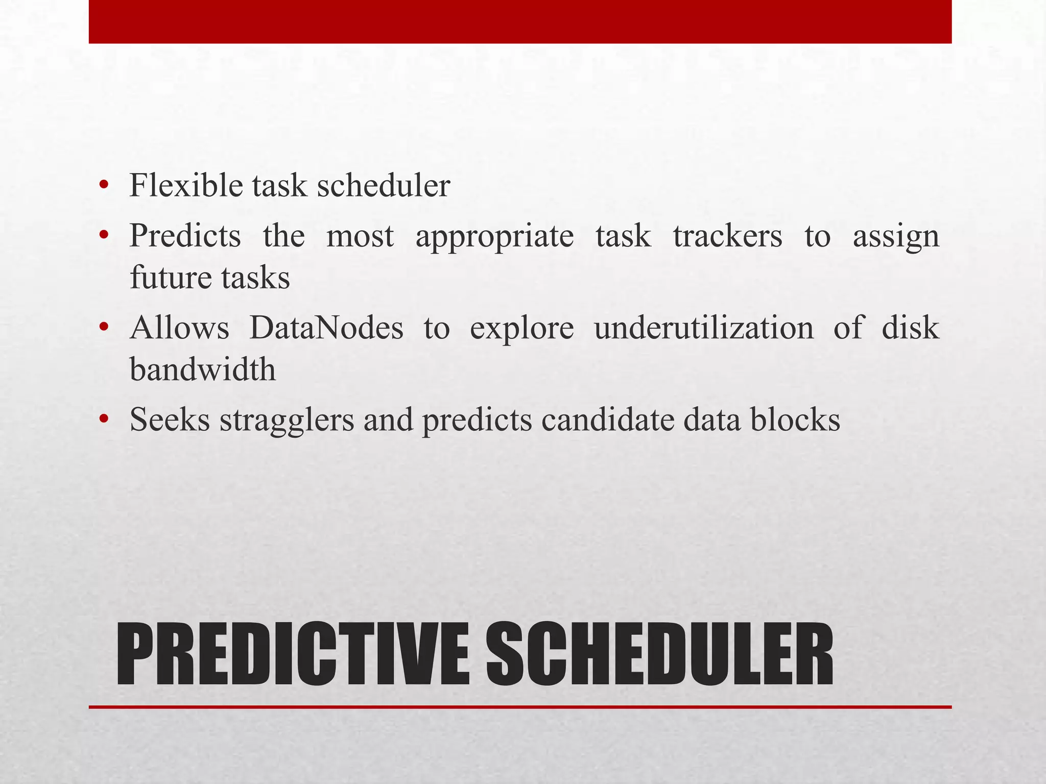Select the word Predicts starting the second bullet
tap(185, 236)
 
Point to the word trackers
tap(727, 236)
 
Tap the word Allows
tap(179, 328)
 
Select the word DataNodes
tap(326, 328)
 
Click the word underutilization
tap(704, 328)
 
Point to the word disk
tap(910, 328)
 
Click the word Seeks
tap(170, 420)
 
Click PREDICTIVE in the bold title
tap(292, 655)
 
